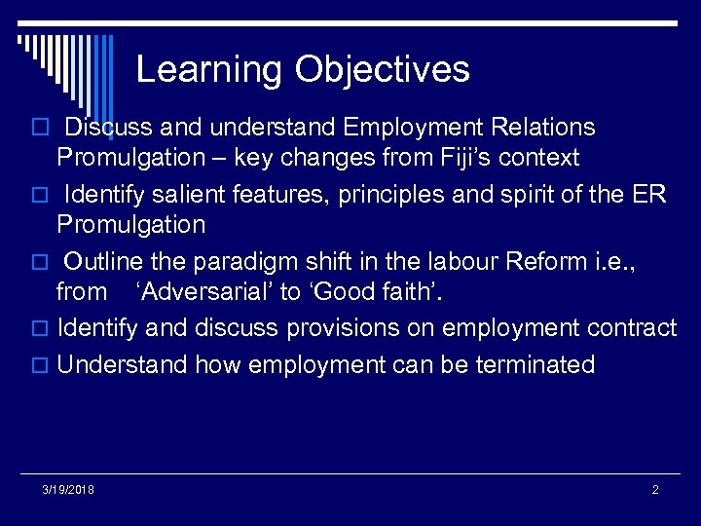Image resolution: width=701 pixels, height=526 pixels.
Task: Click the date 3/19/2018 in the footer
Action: (x=68, y=489)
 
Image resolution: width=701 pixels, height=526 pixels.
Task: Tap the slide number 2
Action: (x=655, y=489)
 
